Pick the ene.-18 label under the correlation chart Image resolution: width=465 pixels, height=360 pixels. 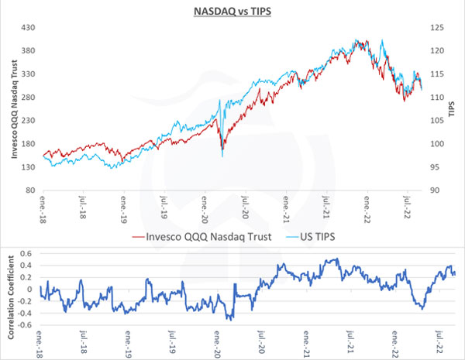pos(43,345)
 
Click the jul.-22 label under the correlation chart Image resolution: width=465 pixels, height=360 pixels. pos(442,345)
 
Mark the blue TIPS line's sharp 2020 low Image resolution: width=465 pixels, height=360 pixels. pos(222,156)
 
